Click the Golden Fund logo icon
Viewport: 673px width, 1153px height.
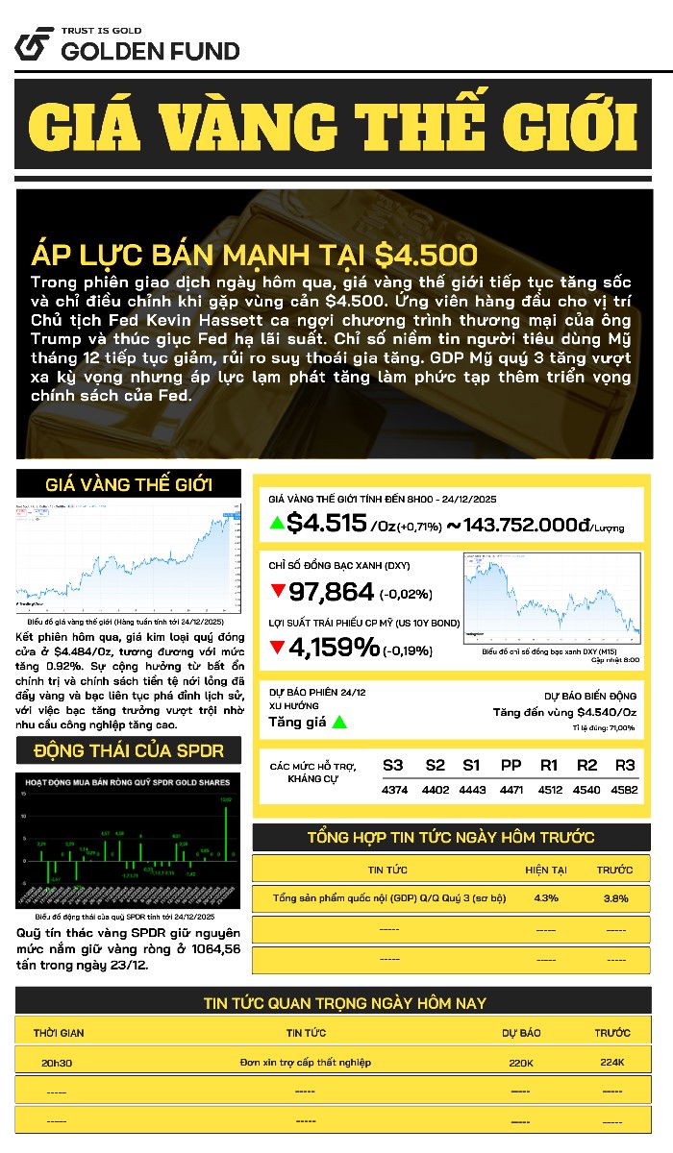point(34,44)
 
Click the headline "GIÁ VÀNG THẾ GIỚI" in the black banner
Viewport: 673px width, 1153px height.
point(333,125)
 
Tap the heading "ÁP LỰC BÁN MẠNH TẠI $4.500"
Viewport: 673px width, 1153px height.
point(254,256)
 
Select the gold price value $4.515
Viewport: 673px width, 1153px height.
point(327,523)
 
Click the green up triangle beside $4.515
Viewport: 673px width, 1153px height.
point(277,524)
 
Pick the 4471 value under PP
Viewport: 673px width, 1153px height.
point(511,790)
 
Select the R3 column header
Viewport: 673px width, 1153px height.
point(625,765)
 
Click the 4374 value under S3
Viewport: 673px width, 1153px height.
point(393,790)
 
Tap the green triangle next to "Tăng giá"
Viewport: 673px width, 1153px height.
point(339,722)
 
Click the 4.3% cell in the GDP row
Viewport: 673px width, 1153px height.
point(545,898)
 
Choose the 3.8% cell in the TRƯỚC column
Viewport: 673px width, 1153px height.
point(615,898)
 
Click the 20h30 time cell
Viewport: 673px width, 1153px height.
point(57,1062)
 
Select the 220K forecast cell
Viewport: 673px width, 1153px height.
point(521,1062)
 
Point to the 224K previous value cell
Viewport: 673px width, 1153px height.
point(611,1062)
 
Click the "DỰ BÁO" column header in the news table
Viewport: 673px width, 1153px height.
point(521,1033)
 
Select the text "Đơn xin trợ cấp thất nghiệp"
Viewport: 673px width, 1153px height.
point(305,1062)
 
